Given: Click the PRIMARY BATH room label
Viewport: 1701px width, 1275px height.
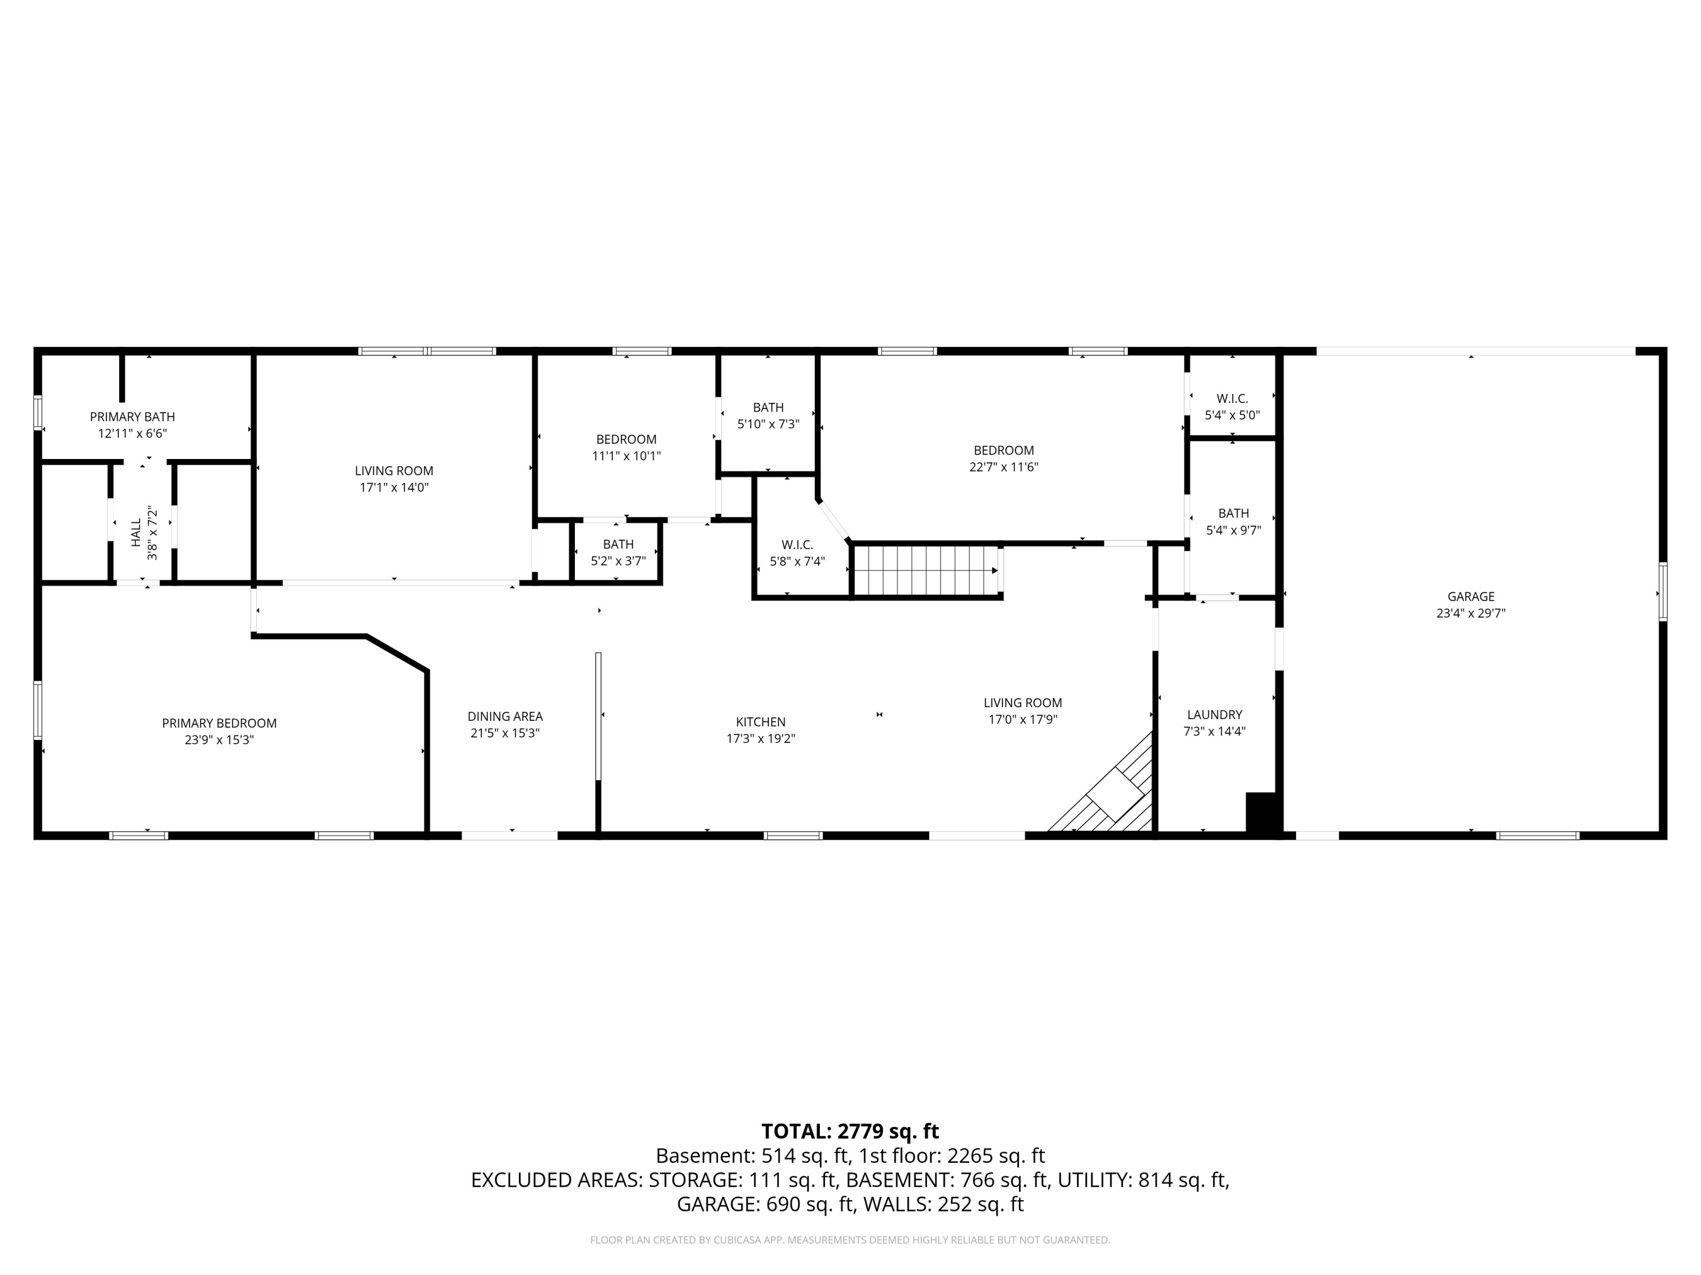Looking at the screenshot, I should [x=132, y=416].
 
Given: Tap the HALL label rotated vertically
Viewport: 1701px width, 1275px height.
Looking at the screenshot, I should [x=136, y=533].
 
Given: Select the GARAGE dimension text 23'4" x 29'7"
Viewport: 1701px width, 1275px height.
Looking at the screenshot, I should [x=1470, y=613].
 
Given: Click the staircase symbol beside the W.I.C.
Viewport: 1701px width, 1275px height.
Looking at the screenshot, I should [x=925, y=570].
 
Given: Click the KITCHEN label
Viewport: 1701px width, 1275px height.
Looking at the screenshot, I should [x=760, y=722].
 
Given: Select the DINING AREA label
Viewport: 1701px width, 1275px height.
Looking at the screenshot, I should [x=505, y=716].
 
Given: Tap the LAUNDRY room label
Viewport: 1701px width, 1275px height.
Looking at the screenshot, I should [x=1215, y=715].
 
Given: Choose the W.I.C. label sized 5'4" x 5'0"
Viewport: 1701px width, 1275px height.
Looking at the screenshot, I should [x=1232, y=399].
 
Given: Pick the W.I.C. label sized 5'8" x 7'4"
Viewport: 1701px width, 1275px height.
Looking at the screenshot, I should [x=797, y=545].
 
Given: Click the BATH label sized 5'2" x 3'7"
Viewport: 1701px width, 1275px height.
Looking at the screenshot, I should [x=618, y=544].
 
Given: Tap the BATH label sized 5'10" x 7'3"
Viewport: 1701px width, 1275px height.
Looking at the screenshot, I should [x=768, y=407].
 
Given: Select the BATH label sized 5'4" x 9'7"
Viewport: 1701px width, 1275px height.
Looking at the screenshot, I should [x=1233, y=513].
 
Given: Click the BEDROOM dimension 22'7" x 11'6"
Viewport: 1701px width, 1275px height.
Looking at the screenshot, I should [x=1004, y=466].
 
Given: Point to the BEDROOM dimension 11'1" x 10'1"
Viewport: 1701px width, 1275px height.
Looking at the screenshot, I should [x=626, y=456].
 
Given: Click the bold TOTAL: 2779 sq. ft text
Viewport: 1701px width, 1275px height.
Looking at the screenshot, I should [x=850, y=1131].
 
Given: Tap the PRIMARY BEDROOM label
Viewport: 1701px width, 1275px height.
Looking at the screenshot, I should [x=219, y=723].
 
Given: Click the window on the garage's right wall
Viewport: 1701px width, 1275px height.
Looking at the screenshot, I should [x=1662, y=592].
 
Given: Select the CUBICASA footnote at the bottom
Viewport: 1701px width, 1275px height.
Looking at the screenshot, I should [x=850, y=1240].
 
